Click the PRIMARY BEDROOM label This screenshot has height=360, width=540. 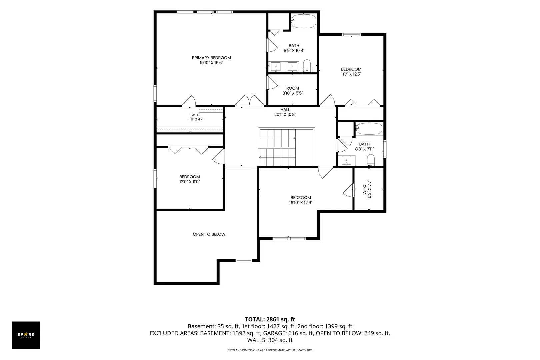pyautogui.click(x=211, y=58)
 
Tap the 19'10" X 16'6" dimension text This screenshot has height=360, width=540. pyautogui.click(x=211, y=63)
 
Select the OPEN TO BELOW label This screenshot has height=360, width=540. pyautogui.click(x=209, y=234)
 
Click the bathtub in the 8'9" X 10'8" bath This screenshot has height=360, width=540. pyautogui.click(x=303, y=21)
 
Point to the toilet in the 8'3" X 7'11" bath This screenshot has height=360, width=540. pyautogui.click(x=371, y=160)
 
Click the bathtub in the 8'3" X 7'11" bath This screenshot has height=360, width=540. pyautogui.click(x=369, y=129)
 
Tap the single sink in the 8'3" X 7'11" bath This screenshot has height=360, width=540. pyautogui.click(x=346, y=160)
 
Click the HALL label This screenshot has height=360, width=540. pyautogui.click(x=285, y=110)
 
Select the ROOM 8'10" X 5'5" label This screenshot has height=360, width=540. pyautogui.click(x=293, y=91)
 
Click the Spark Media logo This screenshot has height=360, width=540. pyautogui.click(x=26, y=335)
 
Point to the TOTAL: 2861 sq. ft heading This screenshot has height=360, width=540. pyautogui.click(x=270, y=319)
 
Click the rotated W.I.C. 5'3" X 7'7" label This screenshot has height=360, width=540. pyautogui.click(x=367, y=189)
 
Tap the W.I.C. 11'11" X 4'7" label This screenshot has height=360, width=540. pyautogui.click(x=196, y=117)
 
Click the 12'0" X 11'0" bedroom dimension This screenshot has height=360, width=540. pyautogui.click(x=190, y=182)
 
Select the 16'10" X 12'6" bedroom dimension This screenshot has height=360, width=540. pyautogui.click(x=301, y=203)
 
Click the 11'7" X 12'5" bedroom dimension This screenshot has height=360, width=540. pyautogui.click(x=351, y=74)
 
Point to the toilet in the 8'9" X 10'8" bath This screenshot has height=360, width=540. pyautogui.click(x=307, y=66)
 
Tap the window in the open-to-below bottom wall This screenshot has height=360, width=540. pyautogui.click(x=244, y=260)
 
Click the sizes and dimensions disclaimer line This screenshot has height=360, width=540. pyautogui.click(x=270, y=350)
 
